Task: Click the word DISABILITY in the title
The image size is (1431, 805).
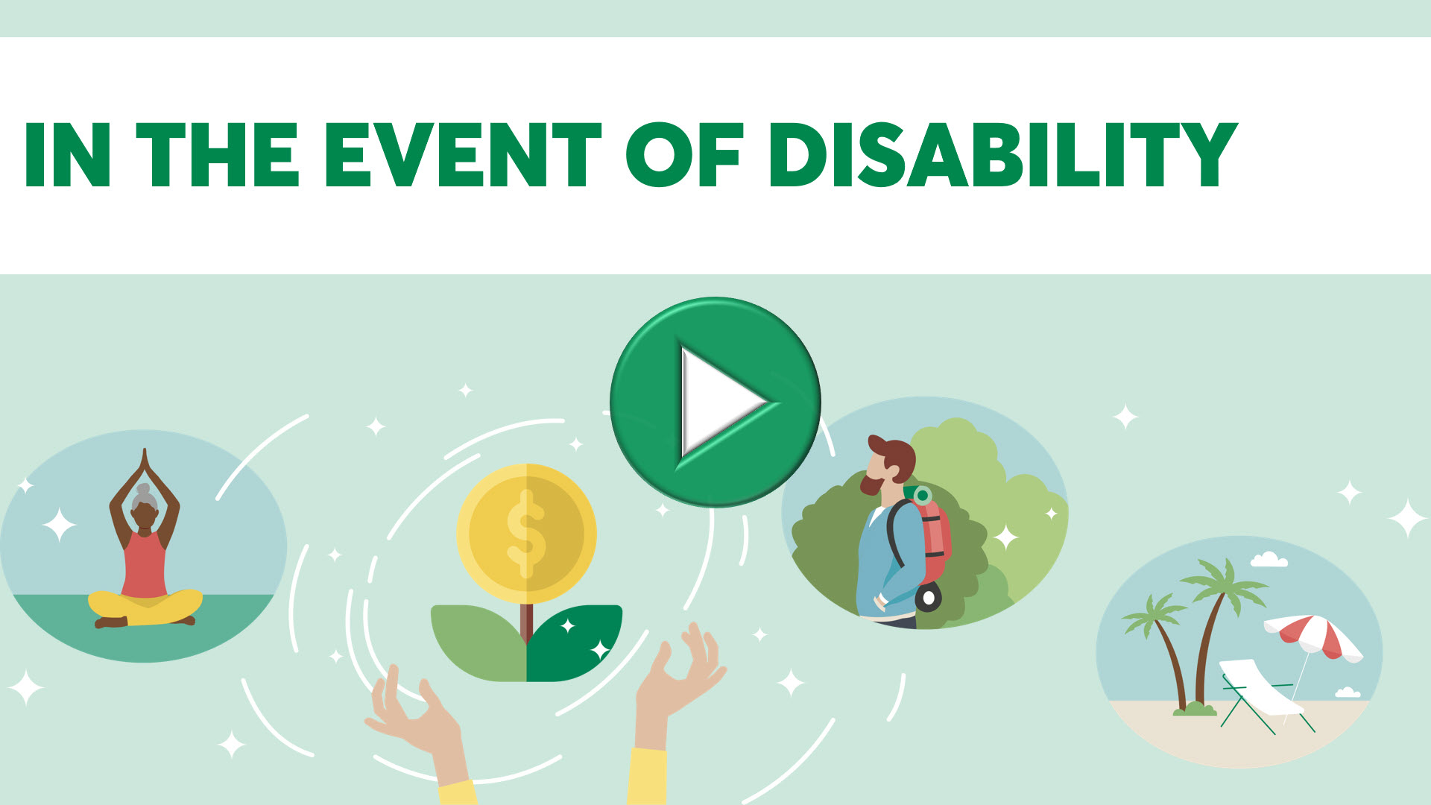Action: coord(1003,154)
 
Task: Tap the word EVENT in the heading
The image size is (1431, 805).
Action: coord(463,155)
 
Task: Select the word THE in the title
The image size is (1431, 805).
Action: coord(218,155)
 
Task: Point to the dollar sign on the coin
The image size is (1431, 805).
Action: coord(526,534)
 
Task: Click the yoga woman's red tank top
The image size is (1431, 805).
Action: coord(144,564)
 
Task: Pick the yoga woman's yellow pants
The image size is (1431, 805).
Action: coord(145,606)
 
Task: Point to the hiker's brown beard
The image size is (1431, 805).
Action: coord(872,484)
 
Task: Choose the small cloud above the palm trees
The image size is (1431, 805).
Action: coord(1269,559)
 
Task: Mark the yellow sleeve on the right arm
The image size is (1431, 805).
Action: coord(647,776)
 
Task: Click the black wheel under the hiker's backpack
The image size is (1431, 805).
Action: coord(929,598)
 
